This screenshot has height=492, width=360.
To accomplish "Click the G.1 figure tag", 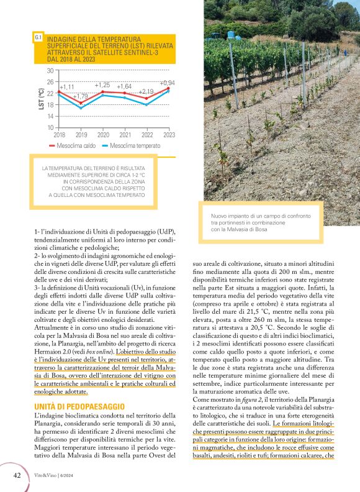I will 38,37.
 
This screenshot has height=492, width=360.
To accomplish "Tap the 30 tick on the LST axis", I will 50,70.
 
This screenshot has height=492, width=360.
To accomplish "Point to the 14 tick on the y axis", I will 50,116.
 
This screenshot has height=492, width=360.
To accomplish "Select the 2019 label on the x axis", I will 81,134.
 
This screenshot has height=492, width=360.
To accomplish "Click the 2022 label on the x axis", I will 147,134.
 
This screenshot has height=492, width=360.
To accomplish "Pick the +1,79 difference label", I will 81,96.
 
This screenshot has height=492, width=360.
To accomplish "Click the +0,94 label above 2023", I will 167,83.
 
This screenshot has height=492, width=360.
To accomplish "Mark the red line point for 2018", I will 60,91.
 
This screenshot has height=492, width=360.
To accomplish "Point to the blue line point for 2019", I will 81,108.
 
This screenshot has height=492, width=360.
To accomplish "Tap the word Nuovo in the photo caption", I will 220,216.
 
